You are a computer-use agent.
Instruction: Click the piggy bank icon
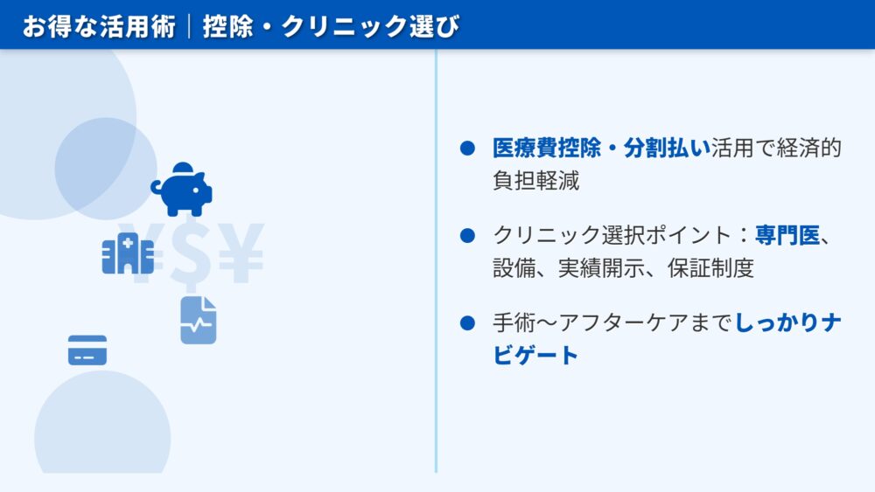tap(181, 190)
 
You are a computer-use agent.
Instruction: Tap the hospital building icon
tap(128, 253)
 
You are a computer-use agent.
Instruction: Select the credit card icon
tap(87, 350)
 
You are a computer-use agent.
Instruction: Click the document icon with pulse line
tap(199, 321)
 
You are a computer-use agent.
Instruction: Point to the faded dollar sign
tap(191, 254)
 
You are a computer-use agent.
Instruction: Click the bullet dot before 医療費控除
tap(467, 149)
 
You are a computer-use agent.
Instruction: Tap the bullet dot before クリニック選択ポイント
tap(467, 235)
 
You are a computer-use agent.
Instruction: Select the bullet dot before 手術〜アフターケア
tap(467, 322)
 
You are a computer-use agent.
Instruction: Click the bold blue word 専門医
tap(787, 235)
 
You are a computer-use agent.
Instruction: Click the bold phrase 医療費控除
tap(546, 149)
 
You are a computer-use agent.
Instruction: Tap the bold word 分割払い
tap(667, 149)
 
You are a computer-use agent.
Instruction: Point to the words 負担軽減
tap(535, 181)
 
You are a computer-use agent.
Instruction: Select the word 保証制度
tap(710, 268)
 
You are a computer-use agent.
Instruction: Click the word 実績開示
tap(601, 268)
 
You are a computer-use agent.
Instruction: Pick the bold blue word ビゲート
tap(535, 355)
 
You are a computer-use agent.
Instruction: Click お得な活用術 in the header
tap(100, 26)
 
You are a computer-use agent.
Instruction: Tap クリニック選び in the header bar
tap(370, 26)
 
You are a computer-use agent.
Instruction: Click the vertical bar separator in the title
tap(190, 26)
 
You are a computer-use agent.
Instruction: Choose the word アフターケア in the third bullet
tap(624, 322)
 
